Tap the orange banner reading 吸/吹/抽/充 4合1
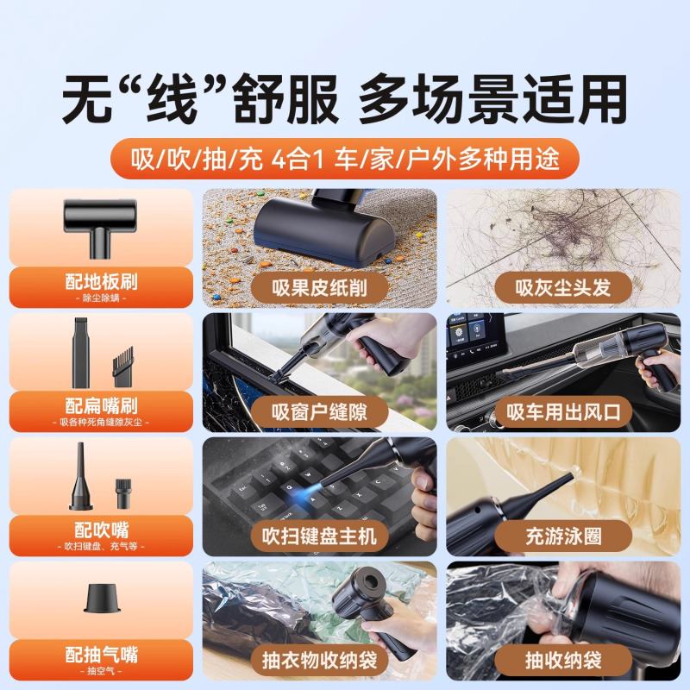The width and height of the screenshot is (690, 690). coord(345,159)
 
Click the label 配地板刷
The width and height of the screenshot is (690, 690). coord(100,282)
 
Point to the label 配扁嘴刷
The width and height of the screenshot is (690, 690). coord(100,405)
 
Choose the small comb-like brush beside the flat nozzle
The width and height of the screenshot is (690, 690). coord(122,366)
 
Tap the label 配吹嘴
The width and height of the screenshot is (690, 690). coord(100,529)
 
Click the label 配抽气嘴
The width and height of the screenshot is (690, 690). coord(100,652)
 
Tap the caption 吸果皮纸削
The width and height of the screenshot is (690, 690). coord(319,287)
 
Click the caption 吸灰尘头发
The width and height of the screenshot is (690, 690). coord(563,287)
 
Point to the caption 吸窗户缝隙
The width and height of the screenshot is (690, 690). coord(319,411)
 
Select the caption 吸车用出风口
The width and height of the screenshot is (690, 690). coord(563,411)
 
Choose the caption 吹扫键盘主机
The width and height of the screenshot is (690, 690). coord(319,536)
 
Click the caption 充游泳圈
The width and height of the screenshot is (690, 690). coord(563,536)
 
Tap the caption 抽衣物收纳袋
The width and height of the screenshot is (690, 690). coord(319,660)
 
